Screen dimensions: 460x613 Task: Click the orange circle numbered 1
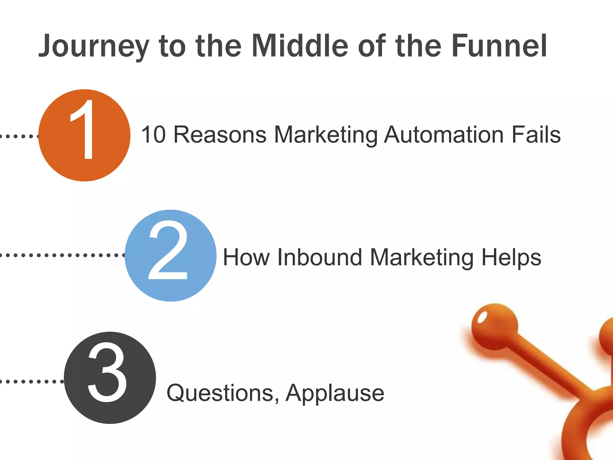(84, 135)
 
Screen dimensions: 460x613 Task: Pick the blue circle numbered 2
(170, 255)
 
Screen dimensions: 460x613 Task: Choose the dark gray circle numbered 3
(110, 378)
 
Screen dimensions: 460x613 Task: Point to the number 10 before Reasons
(153, 135)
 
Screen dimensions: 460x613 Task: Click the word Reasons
(220, 135)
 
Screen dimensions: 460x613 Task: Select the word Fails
(536, 135)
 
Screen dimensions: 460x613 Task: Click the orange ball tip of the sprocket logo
(494, 326)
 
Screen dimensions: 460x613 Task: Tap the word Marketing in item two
(422, 258)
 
